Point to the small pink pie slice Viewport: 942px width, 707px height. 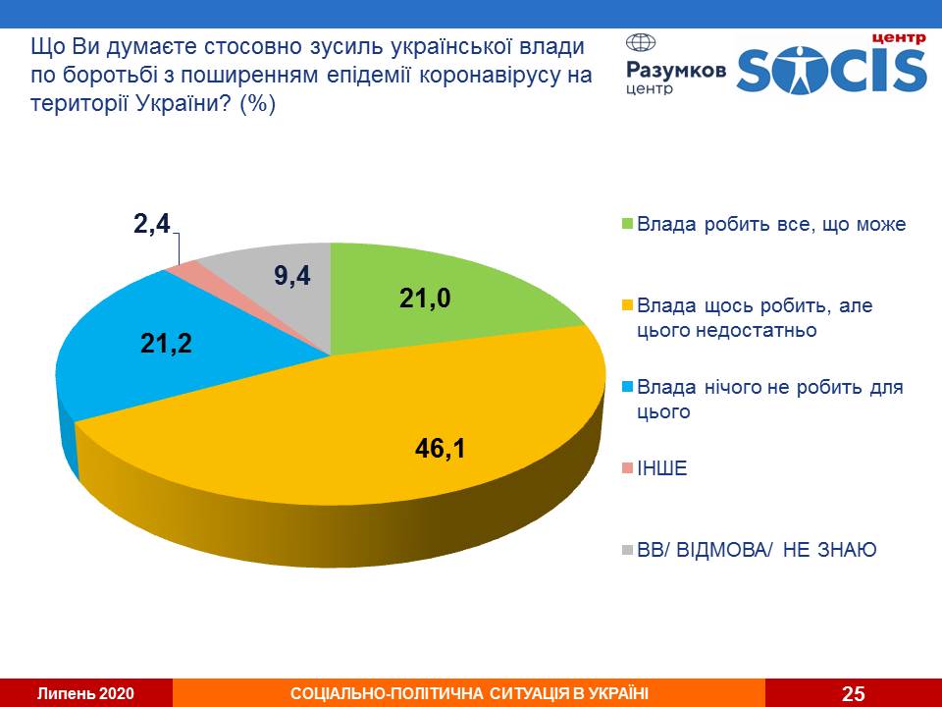183,267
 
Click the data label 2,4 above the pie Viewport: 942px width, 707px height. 152,225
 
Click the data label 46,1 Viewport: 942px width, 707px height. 438,451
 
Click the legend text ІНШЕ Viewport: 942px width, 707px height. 662,468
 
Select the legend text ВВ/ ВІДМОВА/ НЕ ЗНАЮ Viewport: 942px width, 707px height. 757,550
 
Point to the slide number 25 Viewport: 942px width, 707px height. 854,693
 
